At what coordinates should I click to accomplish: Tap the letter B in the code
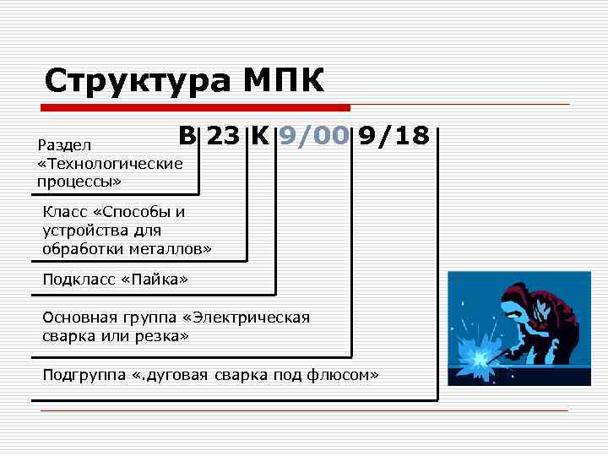[x=187, y=136]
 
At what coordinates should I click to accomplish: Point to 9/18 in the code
[x=394, y=136]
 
